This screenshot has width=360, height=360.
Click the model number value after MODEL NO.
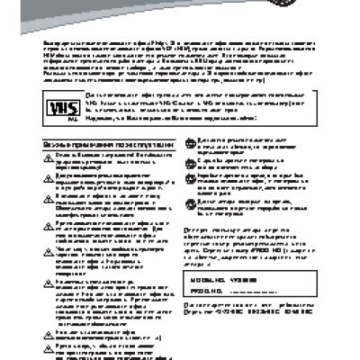(244, 282)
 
